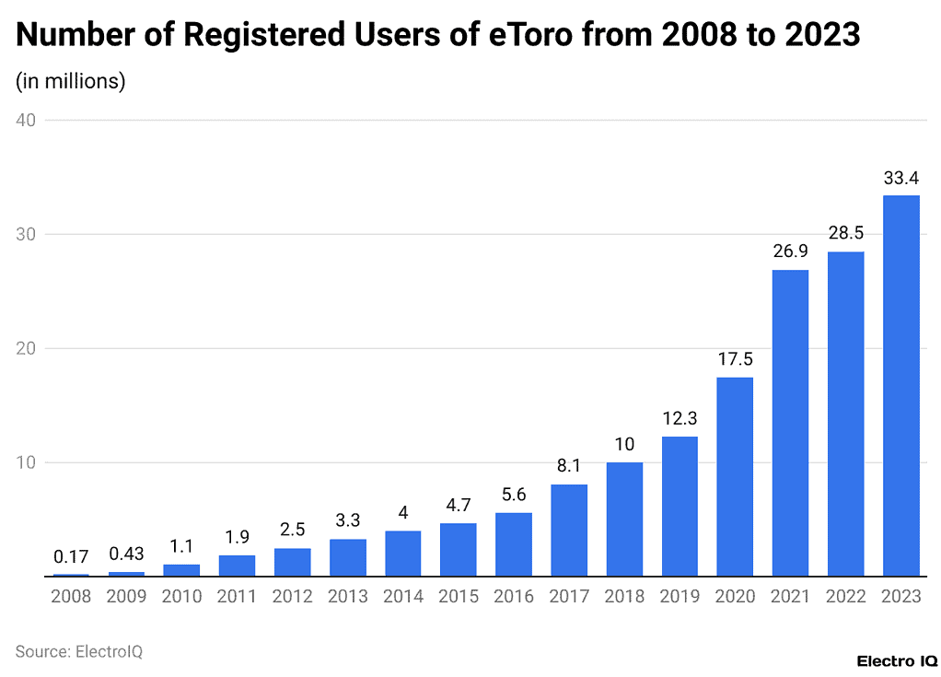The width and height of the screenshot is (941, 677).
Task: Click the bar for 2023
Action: point(900,386)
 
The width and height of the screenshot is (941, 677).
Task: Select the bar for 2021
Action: point(790,423)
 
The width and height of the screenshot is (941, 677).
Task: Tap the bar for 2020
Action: point(735,476)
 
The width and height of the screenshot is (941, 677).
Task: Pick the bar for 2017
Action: point(569,530)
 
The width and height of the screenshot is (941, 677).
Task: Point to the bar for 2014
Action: point(403,554)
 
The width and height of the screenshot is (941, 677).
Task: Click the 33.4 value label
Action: point(900,178)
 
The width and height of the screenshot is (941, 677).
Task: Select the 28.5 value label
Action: point(845,233)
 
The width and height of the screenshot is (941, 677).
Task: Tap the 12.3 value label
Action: point(680,418)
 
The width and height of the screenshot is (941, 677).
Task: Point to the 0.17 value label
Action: point(72,556)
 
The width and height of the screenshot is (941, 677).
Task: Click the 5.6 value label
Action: point(514,495)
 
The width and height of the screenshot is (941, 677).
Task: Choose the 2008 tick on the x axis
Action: point(72,597)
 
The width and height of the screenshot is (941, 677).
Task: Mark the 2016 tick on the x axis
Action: point(514,597)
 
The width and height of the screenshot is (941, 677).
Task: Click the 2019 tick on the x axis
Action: point(680,597)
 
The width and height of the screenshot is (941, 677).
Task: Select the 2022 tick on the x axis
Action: point(845,597)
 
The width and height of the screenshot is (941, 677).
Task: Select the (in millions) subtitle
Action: point(71,81)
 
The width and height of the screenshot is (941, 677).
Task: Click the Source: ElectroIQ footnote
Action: point(79,651)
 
